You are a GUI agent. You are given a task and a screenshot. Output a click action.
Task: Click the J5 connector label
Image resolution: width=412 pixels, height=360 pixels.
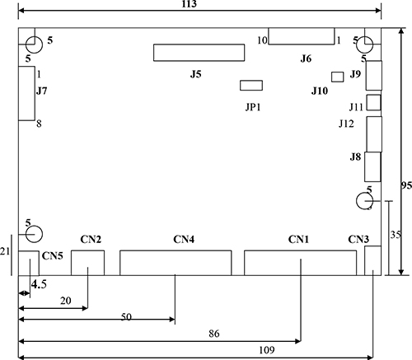(x=196, y=74)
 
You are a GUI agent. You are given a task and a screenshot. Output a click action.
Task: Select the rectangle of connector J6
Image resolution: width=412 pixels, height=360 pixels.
(x=302, y=36)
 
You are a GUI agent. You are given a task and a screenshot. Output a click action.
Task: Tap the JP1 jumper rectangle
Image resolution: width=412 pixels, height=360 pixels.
(x=251, y=86)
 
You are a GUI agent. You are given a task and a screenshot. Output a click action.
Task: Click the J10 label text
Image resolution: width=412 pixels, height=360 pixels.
(x=320, y=91)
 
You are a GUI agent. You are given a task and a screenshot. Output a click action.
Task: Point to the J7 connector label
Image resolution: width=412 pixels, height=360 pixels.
(x=42, y=91)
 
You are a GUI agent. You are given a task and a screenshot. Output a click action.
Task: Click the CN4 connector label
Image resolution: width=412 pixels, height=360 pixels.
(x=184, y=240)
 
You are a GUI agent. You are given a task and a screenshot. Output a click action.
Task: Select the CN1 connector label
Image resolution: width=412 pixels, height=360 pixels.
(x=298, y=240)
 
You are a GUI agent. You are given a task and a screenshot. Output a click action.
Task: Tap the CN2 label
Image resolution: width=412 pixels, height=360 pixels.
(x=91, y=240)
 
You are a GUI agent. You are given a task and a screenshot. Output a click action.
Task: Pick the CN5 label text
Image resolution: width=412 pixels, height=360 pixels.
(x=53, y=256)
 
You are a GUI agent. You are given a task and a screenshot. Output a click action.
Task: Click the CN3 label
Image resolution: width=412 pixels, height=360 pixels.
(x=358, y=240)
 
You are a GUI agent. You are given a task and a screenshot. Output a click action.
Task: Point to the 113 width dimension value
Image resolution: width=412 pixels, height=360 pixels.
(x=190, y=4)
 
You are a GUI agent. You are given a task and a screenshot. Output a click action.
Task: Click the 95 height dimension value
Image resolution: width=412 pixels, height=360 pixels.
(x=406, y=185)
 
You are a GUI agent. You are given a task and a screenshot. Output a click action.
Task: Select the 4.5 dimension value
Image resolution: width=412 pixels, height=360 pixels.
(x=39, y=284)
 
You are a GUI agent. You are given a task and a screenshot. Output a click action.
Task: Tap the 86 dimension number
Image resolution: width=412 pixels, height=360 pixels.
(x=214, y=334)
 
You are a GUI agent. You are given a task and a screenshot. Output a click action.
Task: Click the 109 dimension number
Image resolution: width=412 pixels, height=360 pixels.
(x=267, y=350)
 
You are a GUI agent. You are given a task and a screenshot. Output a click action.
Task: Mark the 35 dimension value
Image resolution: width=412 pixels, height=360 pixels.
(x=396, y=235)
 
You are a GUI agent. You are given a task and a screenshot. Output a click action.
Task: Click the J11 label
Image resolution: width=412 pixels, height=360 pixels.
(x=356, y=107)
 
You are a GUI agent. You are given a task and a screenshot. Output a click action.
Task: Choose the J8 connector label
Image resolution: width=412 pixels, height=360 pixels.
(x=355, y=157)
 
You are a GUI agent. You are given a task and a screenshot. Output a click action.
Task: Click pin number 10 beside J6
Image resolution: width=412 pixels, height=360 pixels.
(x=262, y=40)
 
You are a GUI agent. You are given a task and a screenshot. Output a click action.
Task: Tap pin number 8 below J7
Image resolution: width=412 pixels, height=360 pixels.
(x=39, y=124)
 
